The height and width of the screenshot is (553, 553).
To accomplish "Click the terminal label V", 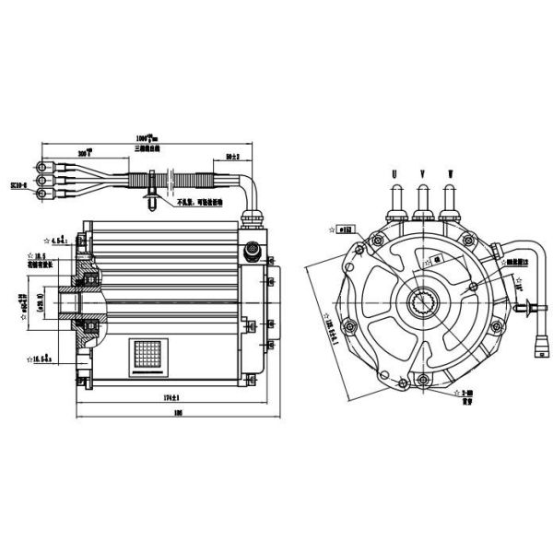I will (423, 171).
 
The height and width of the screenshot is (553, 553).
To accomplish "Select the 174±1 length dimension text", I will (167, 397).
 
